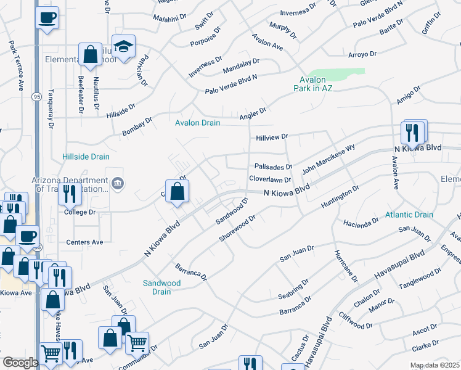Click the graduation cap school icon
click(x=123, y=47)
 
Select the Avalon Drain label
click(x=197, y=123)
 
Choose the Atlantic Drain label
click(x=409, y=215)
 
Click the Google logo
click(x=20, y=363)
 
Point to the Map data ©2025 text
click(x=434, y=365)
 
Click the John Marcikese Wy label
click(x=328, y=159)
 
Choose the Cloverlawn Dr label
click(x=270, y=179)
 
